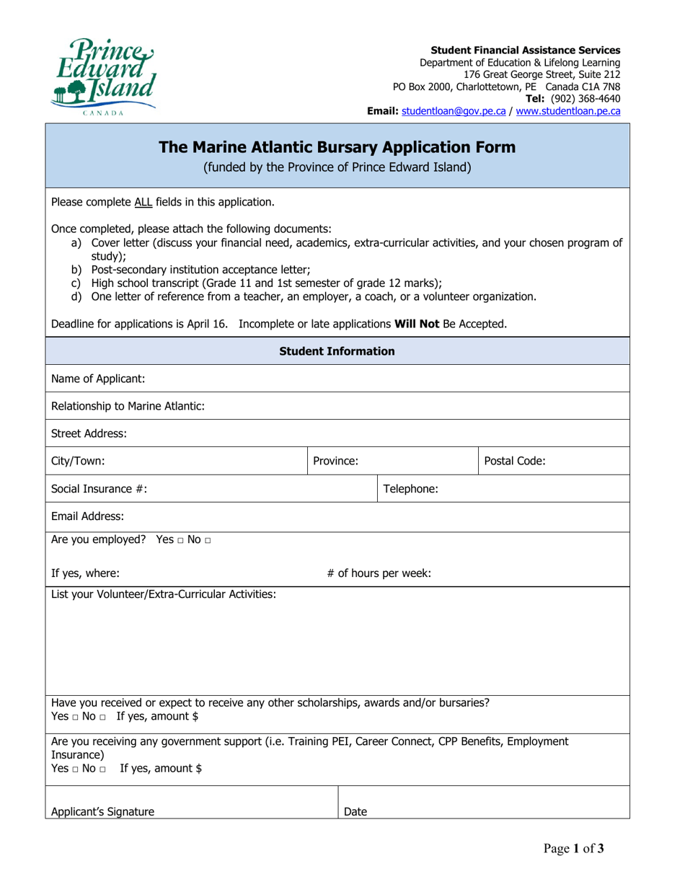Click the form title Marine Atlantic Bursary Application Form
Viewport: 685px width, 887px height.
(x=337, y=147)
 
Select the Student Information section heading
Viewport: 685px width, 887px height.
(x=337, y=351)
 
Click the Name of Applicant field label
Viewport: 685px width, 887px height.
(x=98, y=379)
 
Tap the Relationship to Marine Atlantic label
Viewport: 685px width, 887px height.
(x=128, y=406)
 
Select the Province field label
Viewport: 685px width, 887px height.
(x=335, y=461)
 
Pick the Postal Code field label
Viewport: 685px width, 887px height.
(x=514, y=461)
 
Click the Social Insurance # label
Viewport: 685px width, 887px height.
(x=100, y=488)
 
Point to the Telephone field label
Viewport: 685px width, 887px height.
(x=410, y=488)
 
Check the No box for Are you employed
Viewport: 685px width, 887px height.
(x=208, y=541)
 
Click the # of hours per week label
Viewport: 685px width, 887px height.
(x=379, y=574)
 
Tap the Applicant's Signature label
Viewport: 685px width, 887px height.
(x=102, y=811)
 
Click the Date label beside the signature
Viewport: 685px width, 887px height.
(x=355, y=811)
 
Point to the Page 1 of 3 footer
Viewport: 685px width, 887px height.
(x=574, y=849)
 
